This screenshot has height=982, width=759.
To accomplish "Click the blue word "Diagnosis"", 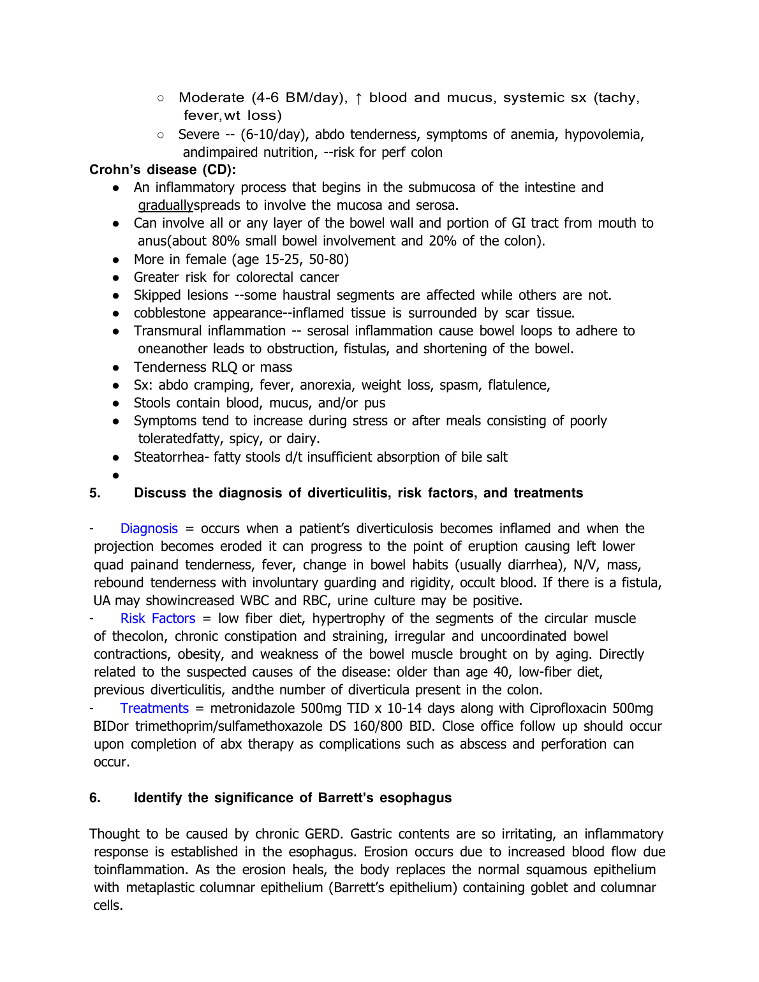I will coord(149,529).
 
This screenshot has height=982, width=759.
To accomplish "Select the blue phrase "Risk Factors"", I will coord(158,619).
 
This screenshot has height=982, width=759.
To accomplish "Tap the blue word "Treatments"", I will coord(154,708).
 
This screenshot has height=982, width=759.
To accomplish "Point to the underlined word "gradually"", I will coord(165,205).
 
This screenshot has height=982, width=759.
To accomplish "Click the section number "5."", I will coord(95,493).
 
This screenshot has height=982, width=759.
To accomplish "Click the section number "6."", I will coord(95,798).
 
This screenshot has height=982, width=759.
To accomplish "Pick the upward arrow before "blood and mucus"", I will coord(358,98).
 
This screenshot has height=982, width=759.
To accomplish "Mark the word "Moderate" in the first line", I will coord(211,98).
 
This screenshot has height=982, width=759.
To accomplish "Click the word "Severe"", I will coord(198,135).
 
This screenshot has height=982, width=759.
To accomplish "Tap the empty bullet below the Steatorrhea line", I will coord(115,476).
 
